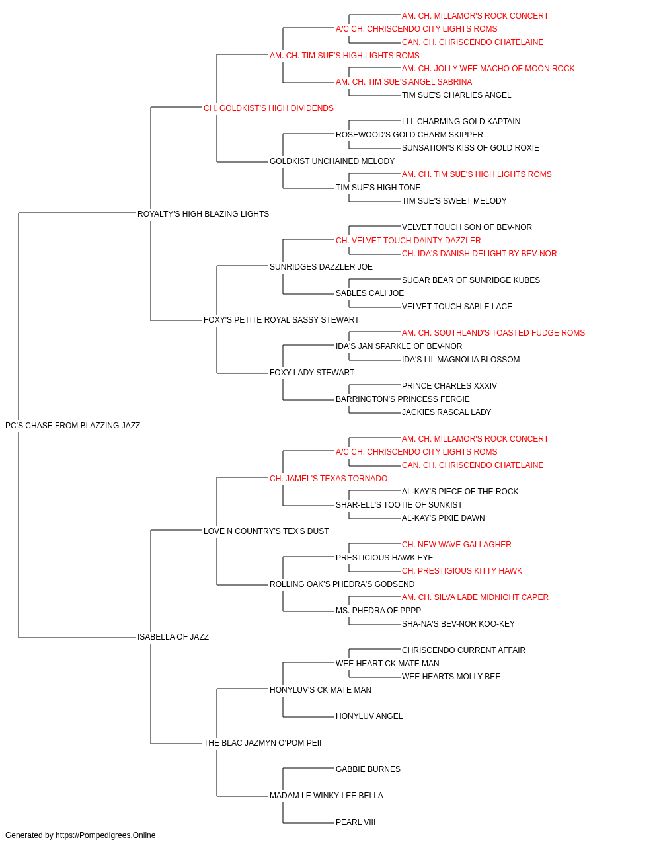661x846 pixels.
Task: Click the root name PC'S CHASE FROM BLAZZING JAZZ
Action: click(73, 426)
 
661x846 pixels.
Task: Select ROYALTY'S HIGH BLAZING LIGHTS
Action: click(203, 214)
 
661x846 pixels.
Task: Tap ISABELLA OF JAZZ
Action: click(173, 637)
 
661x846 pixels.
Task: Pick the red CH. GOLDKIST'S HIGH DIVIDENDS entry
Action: click(268, 108)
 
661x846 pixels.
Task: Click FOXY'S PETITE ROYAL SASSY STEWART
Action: click(282, 320)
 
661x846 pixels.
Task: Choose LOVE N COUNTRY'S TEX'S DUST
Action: click(266, 531)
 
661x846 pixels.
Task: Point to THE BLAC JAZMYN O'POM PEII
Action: click(262, 742)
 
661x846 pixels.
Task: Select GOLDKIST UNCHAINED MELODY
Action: click(332, 161)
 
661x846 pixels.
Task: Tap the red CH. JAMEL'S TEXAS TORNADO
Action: click(329, 478)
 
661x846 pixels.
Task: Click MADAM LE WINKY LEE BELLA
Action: click(327, 795)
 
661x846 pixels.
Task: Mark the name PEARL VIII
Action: click(356, 822)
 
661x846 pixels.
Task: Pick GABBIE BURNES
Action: click(368, 769)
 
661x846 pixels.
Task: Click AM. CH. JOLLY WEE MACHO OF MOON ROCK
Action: click(488, 69)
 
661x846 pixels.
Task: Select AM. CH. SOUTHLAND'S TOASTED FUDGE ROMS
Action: click(494, 333)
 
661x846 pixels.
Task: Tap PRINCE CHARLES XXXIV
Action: click(449, 386)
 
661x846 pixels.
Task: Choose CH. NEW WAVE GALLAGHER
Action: click(457, 544)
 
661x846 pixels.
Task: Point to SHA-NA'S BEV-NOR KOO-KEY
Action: click(458, 624)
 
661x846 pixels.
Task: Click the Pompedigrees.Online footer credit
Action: click(80, 835)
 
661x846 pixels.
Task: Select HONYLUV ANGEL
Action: click(369, 716)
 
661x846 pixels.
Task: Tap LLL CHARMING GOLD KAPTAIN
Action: click(461, 122)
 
